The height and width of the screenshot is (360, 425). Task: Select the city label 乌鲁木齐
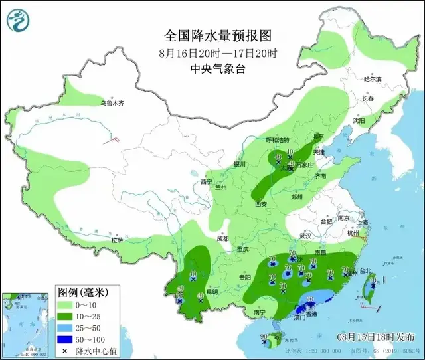pos(112,104)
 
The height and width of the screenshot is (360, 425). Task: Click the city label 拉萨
pos(117,240)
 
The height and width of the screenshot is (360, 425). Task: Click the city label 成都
pos(221,239)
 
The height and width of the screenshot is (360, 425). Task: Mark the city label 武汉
pos(305,236)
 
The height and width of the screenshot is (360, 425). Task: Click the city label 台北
pos(365,271)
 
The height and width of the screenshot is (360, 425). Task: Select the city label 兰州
pos(220,188)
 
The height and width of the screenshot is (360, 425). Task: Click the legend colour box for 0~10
pos(64,304)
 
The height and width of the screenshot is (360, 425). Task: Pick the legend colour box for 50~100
pos(64,339)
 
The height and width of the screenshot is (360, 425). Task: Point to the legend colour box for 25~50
pos(64,327)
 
